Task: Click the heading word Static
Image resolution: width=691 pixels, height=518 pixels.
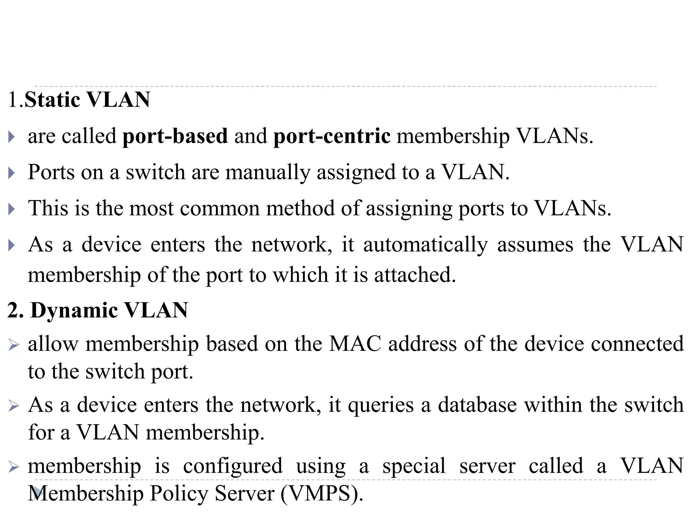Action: pyautogui.click(x=52, y=100)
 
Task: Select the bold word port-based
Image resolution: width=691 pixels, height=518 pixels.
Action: pyautogui.click(x=175, y=136)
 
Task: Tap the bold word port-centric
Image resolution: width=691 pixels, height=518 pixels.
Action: pyautogui.click(x=332, y=136)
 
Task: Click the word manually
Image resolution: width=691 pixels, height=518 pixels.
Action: pyautogui.click(x=267, y=173)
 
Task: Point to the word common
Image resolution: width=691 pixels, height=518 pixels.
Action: pyautogui.click(x=220, y=208)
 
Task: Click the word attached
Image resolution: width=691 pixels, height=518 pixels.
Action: pyautogui.click(x=415, y=275)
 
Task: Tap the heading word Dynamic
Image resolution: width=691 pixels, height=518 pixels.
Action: pyautogui.click(x=74, y=310)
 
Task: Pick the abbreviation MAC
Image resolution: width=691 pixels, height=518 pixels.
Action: pyautogui.click(x=355, y=344)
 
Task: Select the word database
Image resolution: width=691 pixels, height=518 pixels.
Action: pyautogui.click(x=477, y=405)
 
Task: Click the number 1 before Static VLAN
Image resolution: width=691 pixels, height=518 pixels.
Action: pyautogui.click(x=13, y=100)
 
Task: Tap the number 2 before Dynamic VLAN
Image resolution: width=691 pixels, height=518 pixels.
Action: pyautogui.click(x=13, y=310)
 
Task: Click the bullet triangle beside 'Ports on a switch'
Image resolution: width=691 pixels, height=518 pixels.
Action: pyautogui.click(x=11, y=173)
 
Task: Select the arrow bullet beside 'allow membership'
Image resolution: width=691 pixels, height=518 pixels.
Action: pyautogui.click(x=13, y=345)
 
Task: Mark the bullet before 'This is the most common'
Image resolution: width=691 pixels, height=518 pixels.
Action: pyautogui.click(x=11, y=209)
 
